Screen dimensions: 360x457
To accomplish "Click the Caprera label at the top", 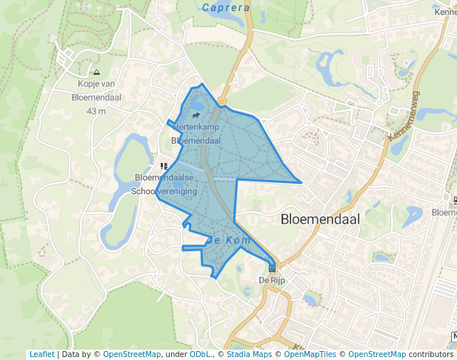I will [226, 7].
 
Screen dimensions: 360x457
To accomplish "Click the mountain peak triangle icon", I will [96, 73].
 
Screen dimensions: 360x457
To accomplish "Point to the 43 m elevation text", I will [96, 111].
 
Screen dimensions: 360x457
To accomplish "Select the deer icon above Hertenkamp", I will [195, 116].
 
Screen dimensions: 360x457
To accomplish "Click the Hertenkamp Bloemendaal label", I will [197, 134].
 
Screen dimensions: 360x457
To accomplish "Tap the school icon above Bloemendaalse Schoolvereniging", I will [163, 167].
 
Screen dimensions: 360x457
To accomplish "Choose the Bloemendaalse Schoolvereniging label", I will [164, 184].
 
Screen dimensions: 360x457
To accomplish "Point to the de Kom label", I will [231, 241].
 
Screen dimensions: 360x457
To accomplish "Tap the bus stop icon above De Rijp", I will [272, 268].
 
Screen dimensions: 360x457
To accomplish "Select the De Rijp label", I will [272, 281].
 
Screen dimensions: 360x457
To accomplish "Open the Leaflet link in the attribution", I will [41, 354].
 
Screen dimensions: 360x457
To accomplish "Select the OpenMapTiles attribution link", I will [307, 354].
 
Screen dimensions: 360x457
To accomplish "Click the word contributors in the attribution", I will [430, 354].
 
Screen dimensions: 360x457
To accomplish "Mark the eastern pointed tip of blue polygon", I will [301, 181].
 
